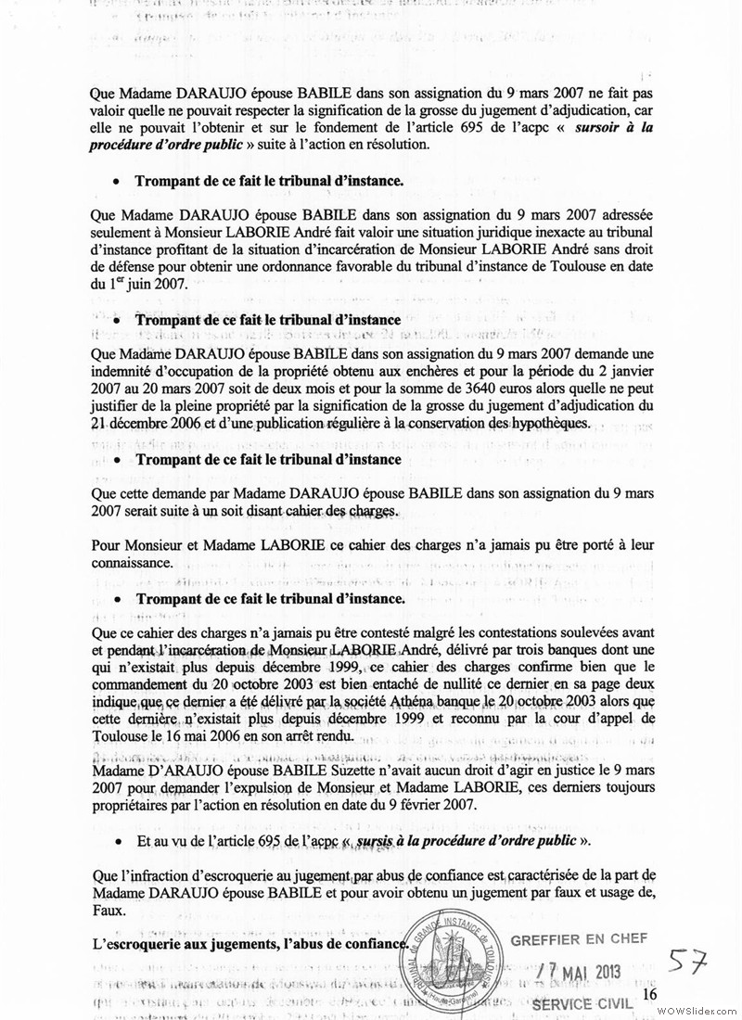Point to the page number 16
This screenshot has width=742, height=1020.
pyautogui.click(x=648, y=993)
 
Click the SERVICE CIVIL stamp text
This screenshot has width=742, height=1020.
pyautogui.click(x=582, y=1004)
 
